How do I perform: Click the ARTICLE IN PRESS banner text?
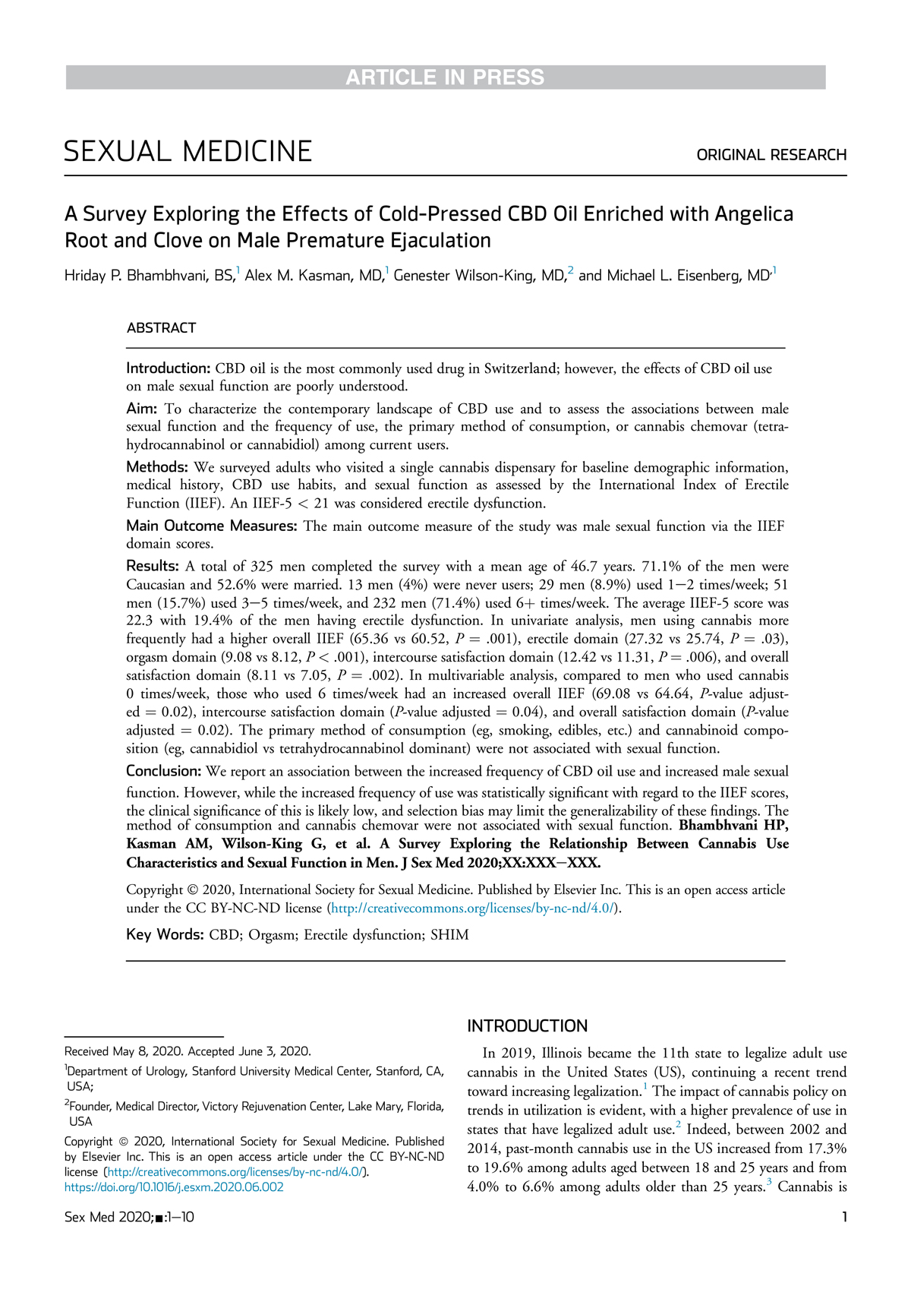pyautogui.click(x=445, y=77)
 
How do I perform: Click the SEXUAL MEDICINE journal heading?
pyautogui.click(x=188, y=152)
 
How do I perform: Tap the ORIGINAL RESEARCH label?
pyautogui.click(x=771, y=155)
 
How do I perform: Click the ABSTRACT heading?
pyautogui.click(x=161, y=328)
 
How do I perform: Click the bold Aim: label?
pyautogui.click(x=141, y=409)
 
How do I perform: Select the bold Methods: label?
pyautogui.click(x=156, y=467)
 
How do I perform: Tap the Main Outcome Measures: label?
pyautogui.click(x=213, y=526)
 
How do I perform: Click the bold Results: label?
pyautogui.click(x=152, y=566)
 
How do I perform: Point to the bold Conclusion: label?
pyautogui.click(x=163, y=771)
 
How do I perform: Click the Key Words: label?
pyautogui.click(x=164, y=935)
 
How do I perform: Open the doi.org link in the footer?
pyautogui.click(x=174, y=1187)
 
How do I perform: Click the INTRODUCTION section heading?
pyautogui.click(x=527, y=1026)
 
